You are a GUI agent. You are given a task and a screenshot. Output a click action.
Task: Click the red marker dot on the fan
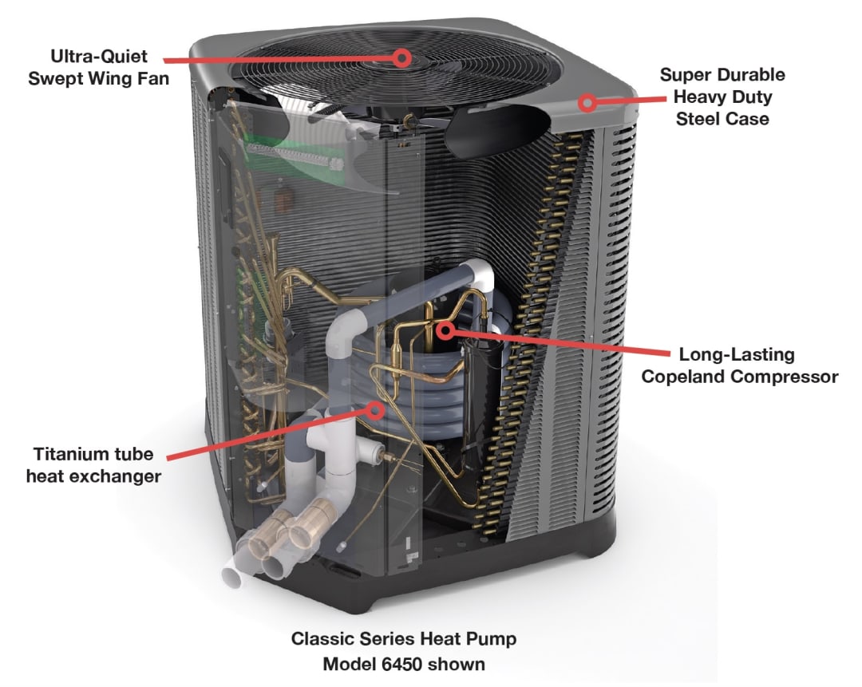click(402, 57)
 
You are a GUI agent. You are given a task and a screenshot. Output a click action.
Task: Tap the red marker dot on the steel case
click(588, 102)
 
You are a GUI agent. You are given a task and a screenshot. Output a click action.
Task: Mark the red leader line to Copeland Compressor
click(559, 342)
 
